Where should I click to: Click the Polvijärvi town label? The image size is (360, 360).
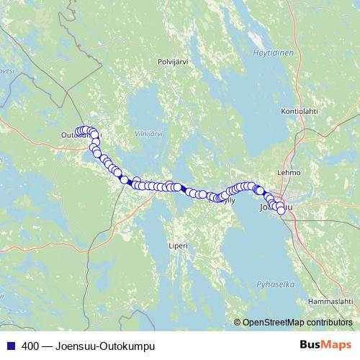172,62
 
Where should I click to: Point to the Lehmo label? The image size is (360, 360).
289,174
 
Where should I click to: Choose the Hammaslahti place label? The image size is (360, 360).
330,300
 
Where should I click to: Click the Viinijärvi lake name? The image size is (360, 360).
149,134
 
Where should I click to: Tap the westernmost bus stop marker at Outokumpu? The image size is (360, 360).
79,131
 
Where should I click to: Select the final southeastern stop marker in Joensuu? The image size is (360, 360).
281,211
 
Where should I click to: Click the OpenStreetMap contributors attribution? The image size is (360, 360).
297,323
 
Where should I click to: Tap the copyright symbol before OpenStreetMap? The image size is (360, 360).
238,323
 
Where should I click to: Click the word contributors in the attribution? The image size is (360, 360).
330,323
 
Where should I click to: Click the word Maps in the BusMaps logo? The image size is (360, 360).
338,345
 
